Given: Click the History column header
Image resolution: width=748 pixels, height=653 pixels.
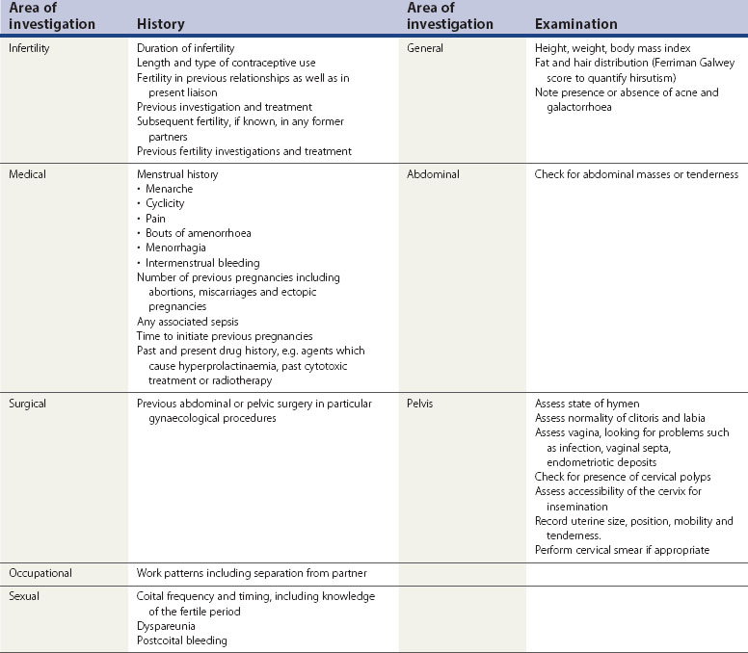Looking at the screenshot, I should tap(161, 24).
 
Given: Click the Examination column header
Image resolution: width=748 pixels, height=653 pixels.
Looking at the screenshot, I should tap(576, 24).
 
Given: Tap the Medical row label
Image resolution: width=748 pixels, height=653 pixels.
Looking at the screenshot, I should tap(29, 174).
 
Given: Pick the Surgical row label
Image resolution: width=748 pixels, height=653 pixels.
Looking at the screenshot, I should tap(30, 403).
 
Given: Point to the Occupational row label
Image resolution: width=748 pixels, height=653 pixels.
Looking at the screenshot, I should tap(41, 573).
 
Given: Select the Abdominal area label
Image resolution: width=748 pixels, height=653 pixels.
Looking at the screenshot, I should tap(434, 174).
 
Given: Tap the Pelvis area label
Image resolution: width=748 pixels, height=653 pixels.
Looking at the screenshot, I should tap(423, 403).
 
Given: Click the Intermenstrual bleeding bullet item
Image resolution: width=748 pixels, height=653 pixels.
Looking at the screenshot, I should tap(201, 263).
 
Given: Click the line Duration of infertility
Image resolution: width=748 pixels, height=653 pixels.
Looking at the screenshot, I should tap(186, 48).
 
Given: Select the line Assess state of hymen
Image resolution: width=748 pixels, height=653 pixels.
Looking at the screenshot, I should tap(587, 403).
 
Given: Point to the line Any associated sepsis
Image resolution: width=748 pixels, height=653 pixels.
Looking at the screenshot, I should tap(187, 322).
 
